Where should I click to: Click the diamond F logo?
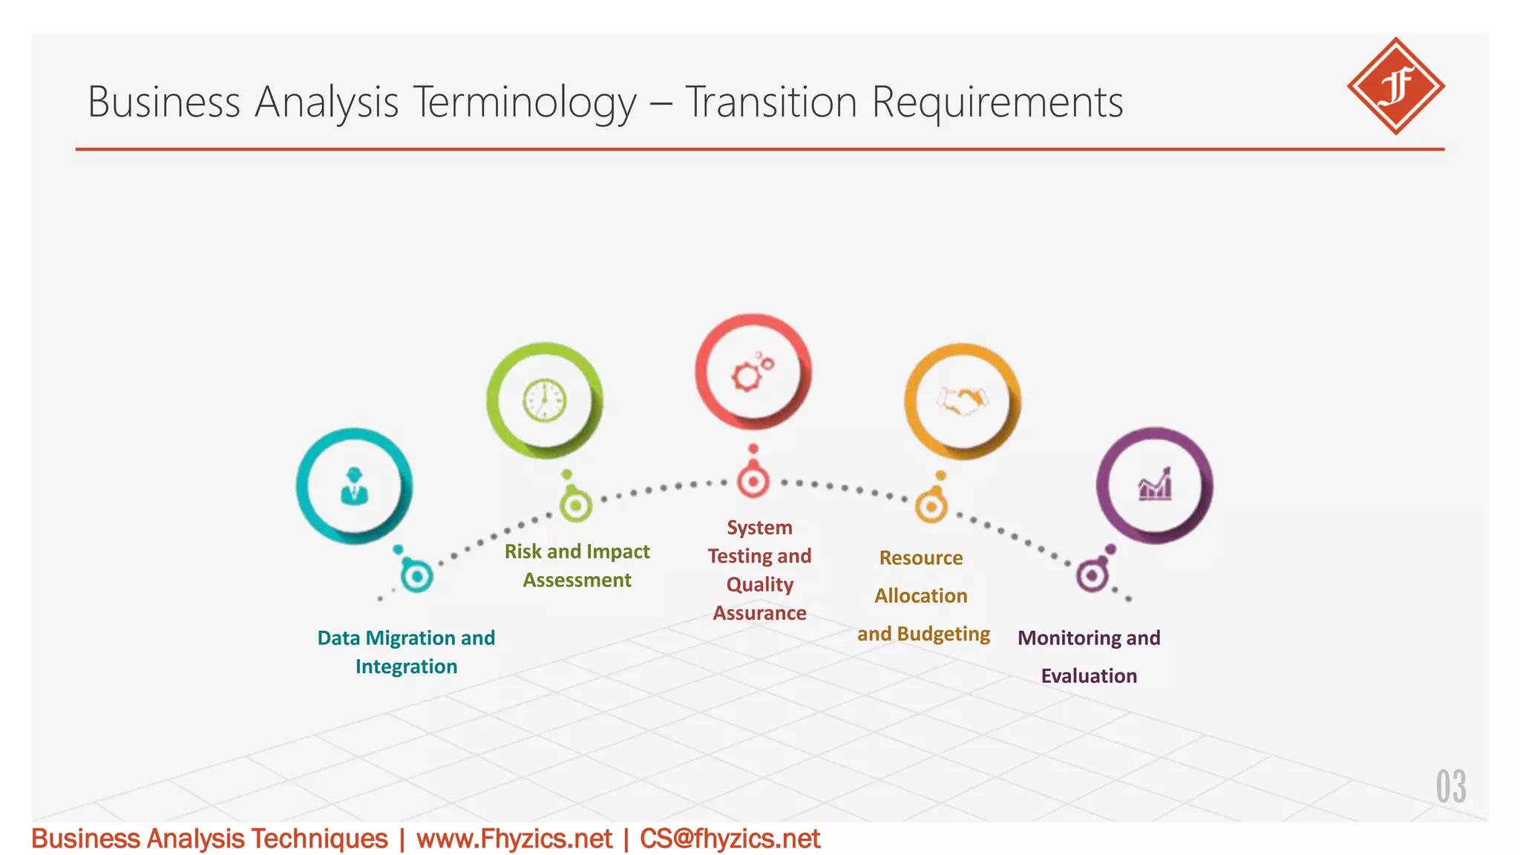click(1395, 86)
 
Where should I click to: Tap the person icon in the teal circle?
click(354, 487)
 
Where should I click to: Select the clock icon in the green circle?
click(544, 401)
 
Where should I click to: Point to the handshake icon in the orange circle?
click(962, 402)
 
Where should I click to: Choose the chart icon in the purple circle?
click(1155, 486)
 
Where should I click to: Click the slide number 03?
click(1450, 787)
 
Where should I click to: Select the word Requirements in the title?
click(997, 102)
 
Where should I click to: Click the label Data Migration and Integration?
click(406, 652)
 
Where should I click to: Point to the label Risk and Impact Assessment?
click(577, 566)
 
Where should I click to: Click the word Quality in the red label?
click(759, 585)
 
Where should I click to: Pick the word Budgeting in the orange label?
click(943, 634)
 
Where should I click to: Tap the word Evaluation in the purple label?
click(1089, 676)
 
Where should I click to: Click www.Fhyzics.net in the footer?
click(514, 839)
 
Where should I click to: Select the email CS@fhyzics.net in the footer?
click(730, 839)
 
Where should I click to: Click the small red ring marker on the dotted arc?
click(753, 482)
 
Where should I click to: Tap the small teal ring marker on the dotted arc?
click(416, 576)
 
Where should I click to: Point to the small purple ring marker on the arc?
click(1092, 575)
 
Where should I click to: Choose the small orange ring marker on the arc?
click(931, 508)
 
